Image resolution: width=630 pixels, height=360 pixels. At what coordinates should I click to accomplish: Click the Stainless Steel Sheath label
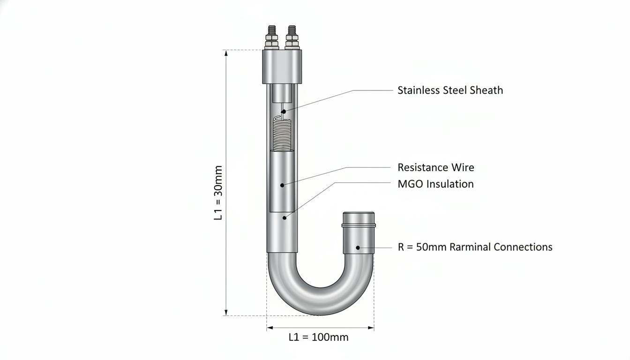point(450,90)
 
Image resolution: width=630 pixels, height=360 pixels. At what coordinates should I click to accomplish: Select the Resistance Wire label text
point(435,167)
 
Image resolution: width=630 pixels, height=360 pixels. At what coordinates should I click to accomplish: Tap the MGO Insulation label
point(435,184)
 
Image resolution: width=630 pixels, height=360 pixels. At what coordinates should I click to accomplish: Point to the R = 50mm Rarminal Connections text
point(475,247)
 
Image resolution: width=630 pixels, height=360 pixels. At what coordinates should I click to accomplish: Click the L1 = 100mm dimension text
point(318,337)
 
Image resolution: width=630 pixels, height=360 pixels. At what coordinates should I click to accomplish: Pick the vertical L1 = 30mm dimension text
point(218,193)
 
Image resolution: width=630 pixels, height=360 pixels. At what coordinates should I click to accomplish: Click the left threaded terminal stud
point(271,37)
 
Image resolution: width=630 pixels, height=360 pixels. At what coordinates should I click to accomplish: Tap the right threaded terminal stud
point(292,37)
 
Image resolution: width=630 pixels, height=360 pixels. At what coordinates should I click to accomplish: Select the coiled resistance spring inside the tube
point(282,134)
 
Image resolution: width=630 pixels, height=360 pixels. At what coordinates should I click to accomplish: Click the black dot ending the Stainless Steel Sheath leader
point(284,112)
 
